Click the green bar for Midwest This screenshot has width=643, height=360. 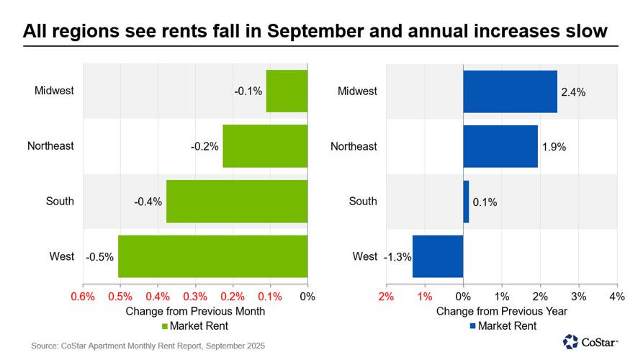click(x=287, y=91)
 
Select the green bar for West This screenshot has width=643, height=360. click(x=212, y=256)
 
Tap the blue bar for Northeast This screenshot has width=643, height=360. click(x=500, y=146)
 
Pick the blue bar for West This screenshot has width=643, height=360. click(x=437, y=256)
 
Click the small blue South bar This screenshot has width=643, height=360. click(x=466, y=202)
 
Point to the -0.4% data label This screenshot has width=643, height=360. click(x=148, y=202)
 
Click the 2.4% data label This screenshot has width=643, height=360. click(x=573, y=92)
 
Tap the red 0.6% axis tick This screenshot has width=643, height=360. click(x=83, y=296)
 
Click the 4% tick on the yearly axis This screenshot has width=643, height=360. click(x=616, y=296)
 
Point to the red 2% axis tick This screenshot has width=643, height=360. click(x=386, y=296)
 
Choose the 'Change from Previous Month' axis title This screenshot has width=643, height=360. click(x=195, y=312)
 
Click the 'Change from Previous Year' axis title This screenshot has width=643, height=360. click(x=501, y=312)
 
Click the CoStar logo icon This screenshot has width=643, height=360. click(x=570, y=341)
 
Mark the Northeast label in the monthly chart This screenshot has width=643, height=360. click(x=50, y=146)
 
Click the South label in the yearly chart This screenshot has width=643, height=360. click(x=363, y=202)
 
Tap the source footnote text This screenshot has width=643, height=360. click(x=148, y=346)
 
